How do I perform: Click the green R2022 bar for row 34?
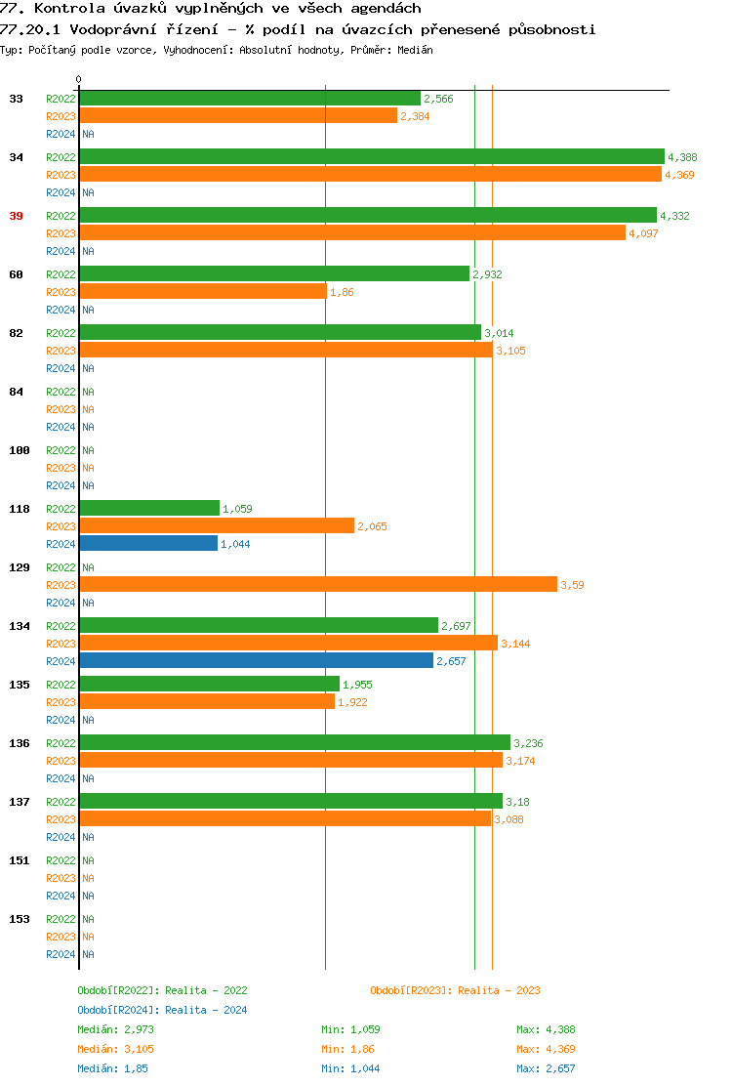(x=371, y=156)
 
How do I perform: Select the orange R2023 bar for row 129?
(x=318, y=584)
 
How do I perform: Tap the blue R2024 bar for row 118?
(x=148, y=543)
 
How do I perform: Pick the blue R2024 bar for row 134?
(x=256, y=660)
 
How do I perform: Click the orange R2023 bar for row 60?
(x=203, y=291)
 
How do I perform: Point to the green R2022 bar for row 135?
(x=209, y=684)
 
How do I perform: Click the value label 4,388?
(x=682, y=157)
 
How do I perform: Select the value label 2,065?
(x=372, y=526)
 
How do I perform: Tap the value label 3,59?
(x=572, y=585)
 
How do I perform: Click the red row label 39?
(x=16, y=216)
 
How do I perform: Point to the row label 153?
(x=20, y=919)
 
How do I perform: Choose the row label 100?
(x=20, y=450)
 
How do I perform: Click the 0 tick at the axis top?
(x=79, y=79)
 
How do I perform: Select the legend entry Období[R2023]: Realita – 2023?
(x=455, y=990)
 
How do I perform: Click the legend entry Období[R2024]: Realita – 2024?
(x=162, y=1010)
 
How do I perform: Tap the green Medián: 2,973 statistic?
(x=115, y=1029)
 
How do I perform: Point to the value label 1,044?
(x=235, y=544)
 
